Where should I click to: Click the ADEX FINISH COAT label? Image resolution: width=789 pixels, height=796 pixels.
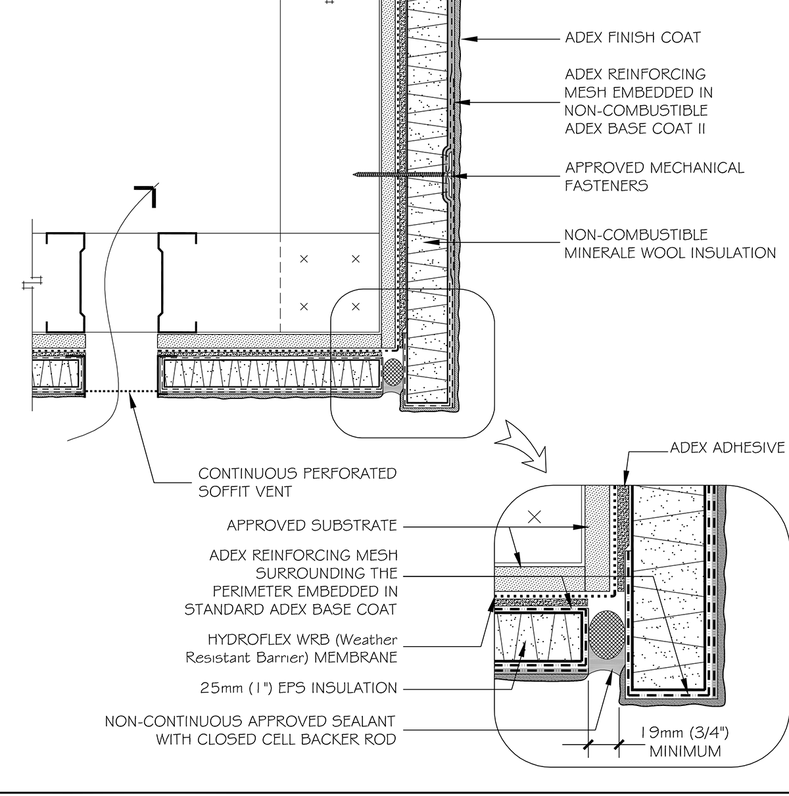633,37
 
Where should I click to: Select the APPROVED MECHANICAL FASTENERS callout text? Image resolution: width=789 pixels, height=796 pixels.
654,176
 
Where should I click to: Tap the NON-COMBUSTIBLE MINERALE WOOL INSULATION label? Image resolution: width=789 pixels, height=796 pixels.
669,243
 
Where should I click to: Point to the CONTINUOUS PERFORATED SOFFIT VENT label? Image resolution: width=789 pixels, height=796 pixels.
297,482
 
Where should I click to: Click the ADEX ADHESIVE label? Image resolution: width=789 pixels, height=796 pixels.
727,448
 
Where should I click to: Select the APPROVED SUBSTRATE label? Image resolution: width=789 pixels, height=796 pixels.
312,526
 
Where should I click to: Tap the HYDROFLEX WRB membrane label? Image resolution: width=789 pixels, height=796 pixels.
302,647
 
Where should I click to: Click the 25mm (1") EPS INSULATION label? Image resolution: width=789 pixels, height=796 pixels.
299,688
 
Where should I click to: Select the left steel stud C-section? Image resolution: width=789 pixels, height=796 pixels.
66,283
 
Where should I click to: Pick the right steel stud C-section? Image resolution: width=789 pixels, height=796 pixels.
176,283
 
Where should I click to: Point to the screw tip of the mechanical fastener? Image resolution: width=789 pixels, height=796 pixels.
355,174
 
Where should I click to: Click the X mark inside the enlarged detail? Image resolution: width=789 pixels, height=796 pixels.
535,517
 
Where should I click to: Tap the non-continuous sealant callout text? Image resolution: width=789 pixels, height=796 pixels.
251,730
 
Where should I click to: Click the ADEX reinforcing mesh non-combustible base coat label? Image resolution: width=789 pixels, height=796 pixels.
638,101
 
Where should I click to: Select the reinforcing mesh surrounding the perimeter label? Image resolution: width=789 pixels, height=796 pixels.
291,582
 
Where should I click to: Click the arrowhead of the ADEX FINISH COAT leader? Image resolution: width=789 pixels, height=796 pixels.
468,38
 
